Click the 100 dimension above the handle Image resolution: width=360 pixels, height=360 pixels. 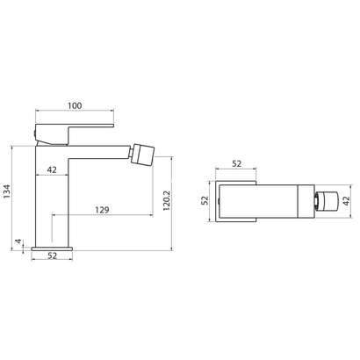click(x=75, y=106)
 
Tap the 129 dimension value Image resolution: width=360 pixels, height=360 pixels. click(x=103, y=211)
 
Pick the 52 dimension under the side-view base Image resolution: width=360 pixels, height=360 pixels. click(x=53, y=256)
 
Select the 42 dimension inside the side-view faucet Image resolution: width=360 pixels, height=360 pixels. click(x=53, y=170)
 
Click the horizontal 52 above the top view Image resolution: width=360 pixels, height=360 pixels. click(x=236, y=162)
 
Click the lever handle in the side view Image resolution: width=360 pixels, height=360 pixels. click(x=79, y=129)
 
